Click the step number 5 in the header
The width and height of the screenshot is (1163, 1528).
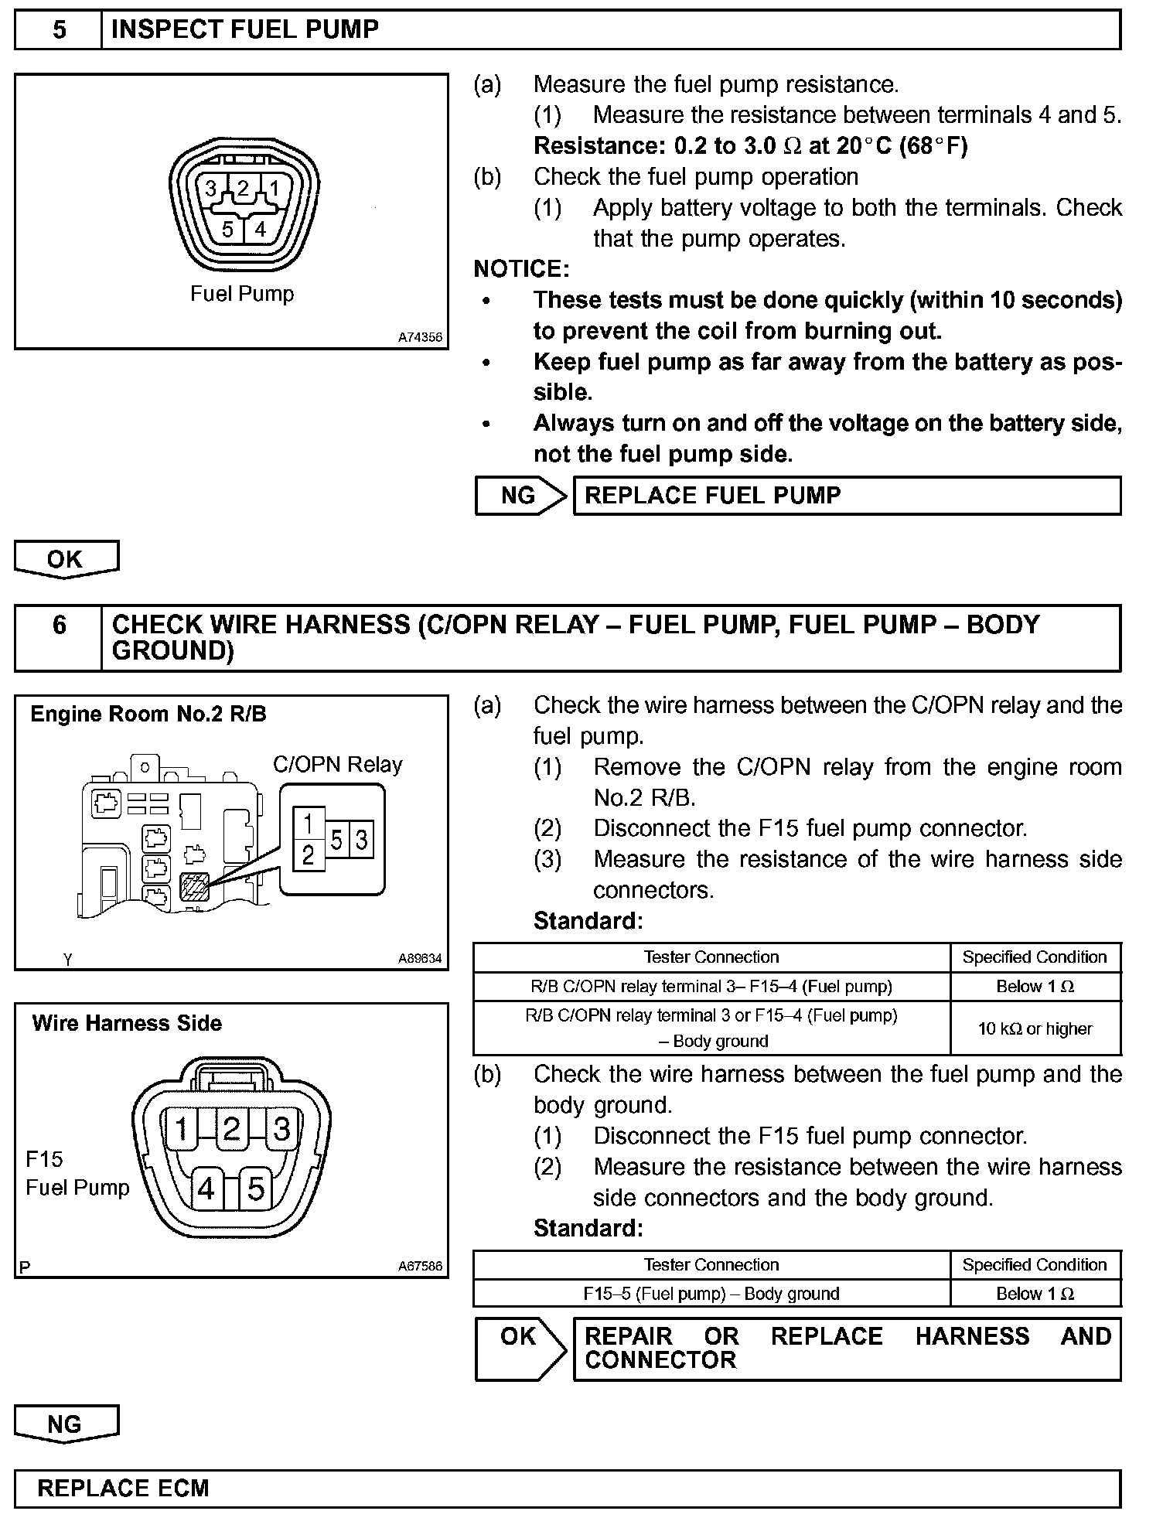point(59,30)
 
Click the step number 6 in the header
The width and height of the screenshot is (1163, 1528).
point(59,625)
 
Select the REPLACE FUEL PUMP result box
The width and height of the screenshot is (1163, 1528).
point(846,496)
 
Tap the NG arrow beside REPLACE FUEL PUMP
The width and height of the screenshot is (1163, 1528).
point(520,496)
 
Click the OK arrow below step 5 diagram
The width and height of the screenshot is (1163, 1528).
point(66,559)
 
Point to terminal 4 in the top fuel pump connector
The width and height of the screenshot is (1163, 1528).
point(261,229)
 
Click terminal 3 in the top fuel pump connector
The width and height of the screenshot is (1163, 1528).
point(210,189)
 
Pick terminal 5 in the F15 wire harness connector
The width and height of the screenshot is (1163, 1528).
point(256,1189)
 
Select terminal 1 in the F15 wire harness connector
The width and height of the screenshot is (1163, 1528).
point(181,1130)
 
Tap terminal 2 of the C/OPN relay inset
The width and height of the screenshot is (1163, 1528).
point(309,854)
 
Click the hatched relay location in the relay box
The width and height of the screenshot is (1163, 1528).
point(194,886)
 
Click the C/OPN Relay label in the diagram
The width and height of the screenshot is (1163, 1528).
point(338,765)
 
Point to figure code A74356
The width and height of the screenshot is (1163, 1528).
point(420,337)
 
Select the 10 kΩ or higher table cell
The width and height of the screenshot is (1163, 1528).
point(1035,1028)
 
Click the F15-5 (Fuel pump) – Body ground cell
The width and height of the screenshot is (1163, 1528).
point(711,1294)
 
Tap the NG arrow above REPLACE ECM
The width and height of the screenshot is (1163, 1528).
point(66,1424)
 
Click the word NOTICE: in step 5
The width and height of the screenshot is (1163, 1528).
point(521,269)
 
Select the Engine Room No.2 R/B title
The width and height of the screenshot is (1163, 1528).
point(148,714)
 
